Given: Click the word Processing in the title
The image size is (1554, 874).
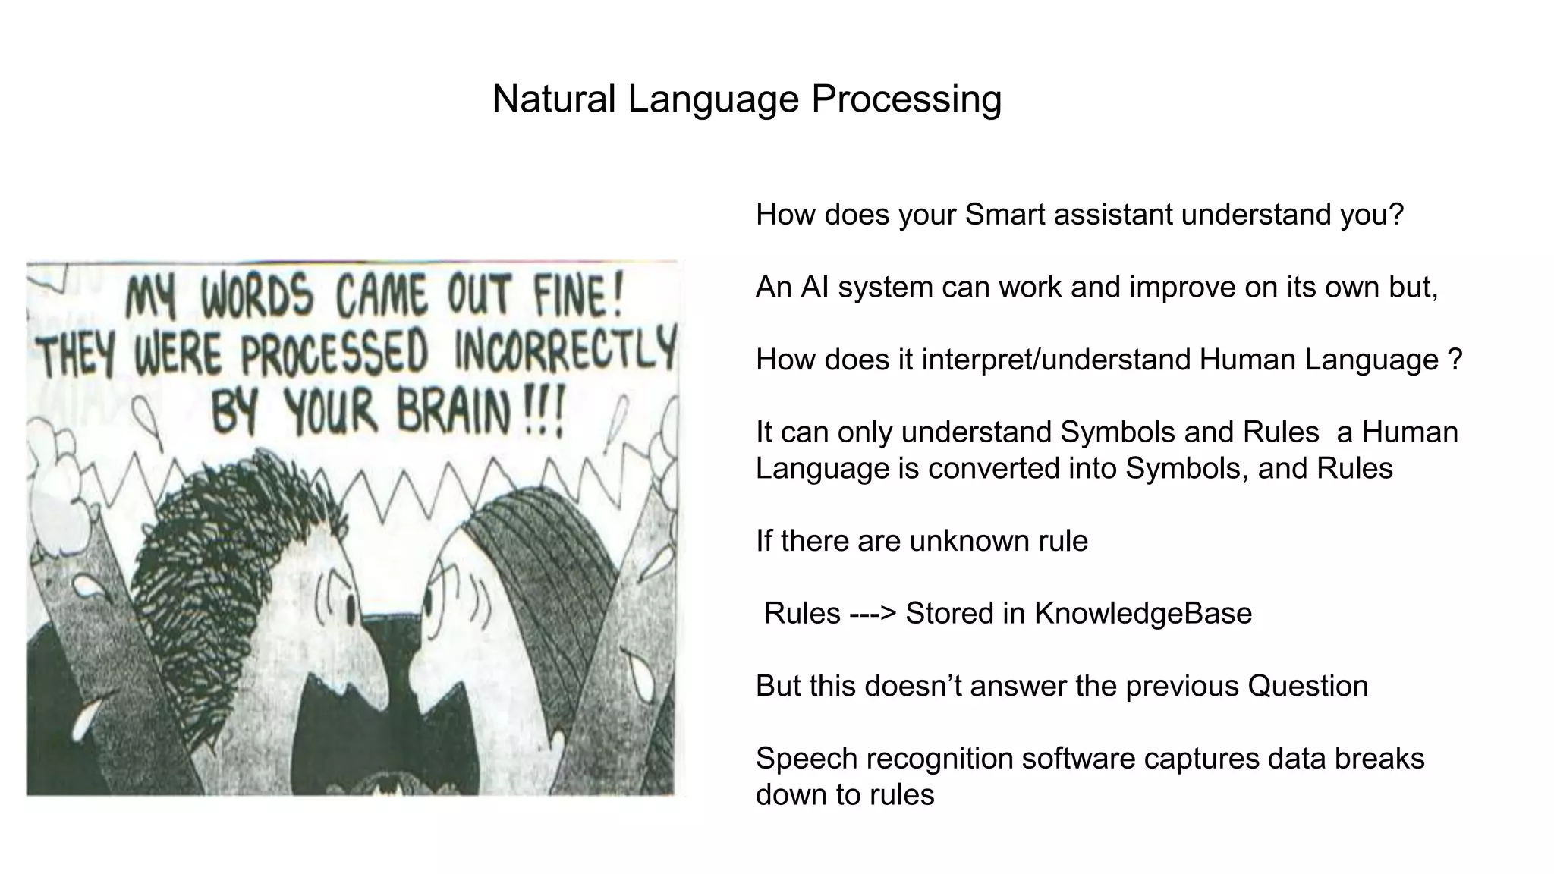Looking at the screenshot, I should (x=906, y=99).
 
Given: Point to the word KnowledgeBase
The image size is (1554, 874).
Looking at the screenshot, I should (x=1143, y=614).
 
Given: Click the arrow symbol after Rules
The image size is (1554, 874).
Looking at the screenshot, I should (x=873, y=614).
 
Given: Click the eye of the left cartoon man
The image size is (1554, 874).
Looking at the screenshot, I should (x=350, y=608).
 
